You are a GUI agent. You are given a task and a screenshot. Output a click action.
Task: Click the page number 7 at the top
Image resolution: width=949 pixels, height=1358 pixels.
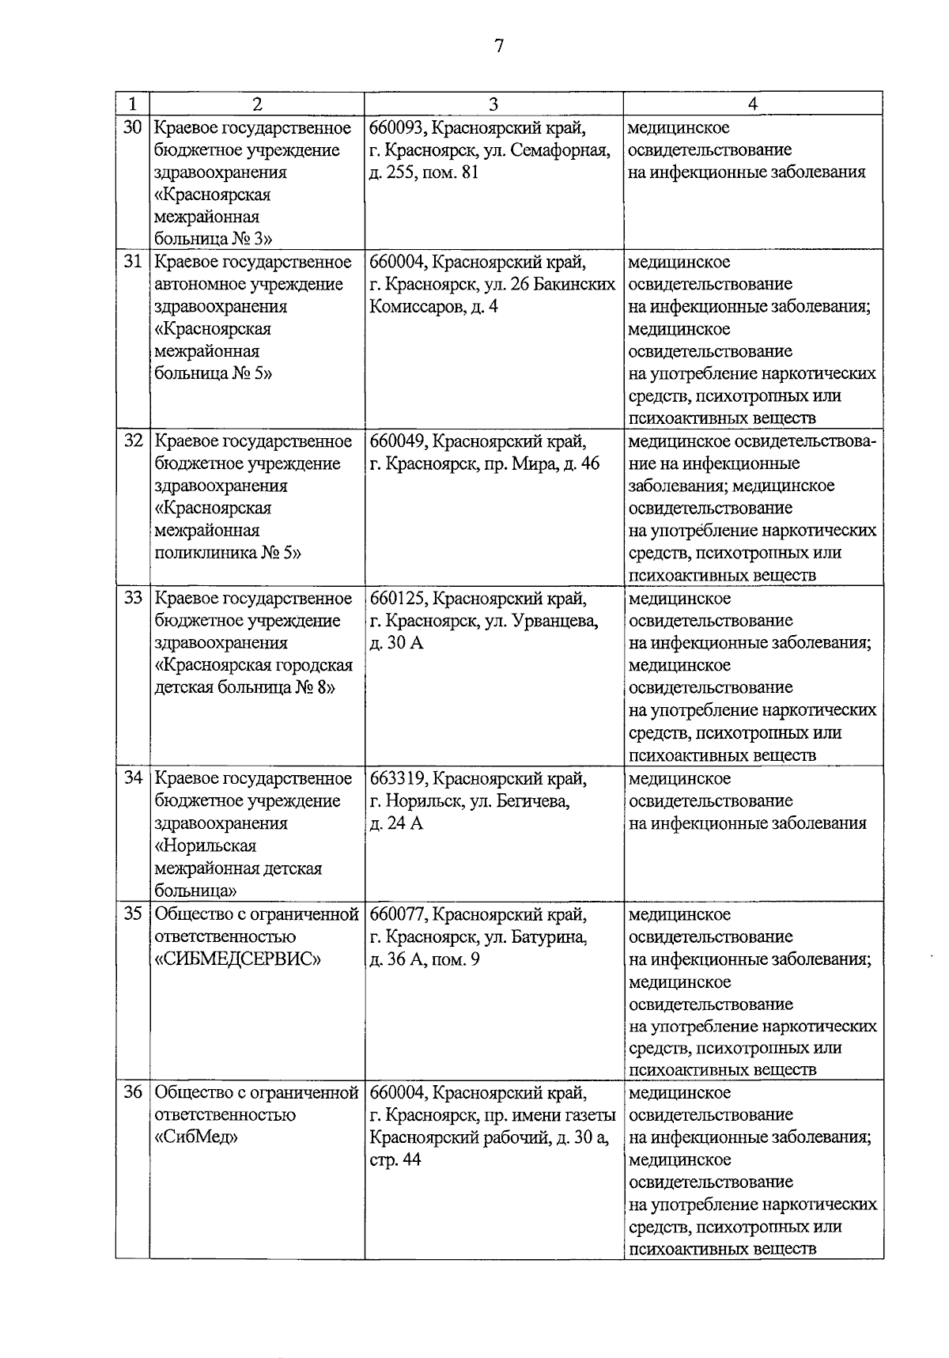(498, 45)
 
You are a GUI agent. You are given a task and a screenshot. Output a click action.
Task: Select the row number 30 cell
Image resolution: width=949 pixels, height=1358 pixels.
(132, 127)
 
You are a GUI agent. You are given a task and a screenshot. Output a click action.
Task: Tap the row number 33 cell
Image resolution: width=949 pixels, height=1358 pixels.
(132, 598)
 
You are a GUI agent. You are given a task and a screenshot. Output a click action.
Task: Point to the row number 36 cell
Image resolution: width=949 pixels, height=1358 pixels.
(132, 1092)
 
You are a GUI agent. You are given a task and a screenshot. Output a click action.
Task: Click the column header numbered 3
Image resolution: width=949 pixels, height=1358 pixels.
(493, 103)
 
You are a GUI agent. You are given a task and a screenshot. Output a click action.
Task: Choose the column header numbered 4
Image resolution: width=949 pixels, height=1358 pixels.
(752, 103)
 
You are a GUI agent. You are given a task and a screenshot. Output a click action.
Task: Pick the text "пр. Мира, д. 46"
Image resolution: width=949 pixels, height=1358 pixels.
(541, 463)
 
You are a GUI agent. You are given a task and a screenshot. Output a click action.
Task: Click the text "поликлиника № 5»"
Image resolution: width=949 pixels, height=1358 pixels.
(228, 553)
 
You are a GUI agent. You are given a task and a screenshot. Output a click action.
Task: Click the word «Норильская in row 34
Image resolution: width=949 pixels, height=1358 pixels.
(206, 846)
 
